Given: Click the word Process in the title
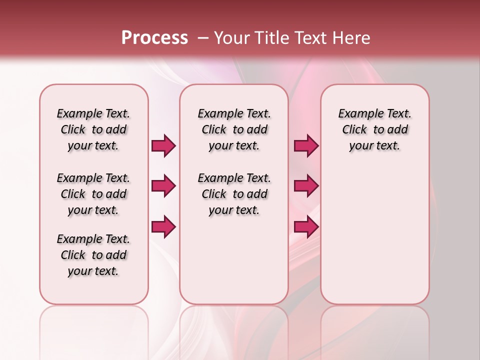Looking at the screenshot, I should tap(154, 37).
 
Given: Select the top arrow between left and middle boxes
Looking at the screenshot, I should tap(163, 145).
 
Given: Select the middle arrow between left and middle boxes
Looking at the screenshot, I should tap(163, 186).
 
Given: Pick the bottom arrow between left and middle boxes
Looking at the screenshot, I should tap(163, 226).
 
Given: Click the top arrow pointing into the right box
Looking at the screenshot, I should tap(306, 145).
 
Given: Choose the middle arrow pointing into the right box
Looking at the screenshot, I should tap(306, 186).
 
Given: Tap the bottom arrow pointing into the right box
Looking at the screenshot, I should tap(306, 226).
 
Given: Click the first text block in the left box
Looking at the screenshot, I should tap(93, 129).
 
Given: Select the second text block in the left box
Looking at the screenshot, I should tap(93, 194).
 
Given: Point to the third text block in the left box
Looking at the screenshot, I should tap(93, 255).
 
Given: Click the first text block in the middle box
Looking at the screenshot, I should tap(234, 129).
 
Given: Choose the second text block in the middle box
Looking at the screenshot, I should tap(234, 194).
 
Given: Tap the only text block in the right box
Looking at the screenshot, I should tap(374, 129).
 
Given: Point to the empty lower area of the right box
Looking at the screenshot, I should tap(374, 230).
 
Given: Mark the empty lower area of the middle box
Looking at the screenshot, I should tap(234, 260).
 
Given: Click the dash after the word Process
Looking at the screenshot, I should tap(203, 38).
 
